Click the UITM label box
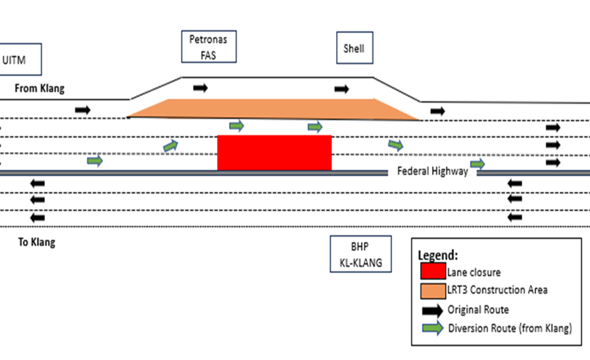[21, 60]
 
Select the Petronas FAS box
[208, 47]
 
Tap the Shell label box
[355, 47]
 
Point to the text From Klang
[40, 88]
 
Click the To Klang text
[36, 242]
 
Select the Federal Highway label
[433, 171]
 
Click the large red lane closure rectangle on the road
[274, 152]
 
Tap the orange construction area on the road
[273, 109]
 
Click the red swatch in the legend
[432, 272]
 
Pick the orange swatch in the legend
[432, 289]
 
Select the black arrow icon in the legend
[432, 309]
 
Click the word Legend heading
[438, 255]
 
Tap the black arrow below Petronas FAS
[200, 88]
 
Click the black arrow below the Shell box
[342, 89]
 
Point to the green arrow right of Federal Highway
[478, 164]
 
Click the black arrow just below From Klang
[82, 109]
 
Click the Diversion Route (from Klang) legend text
[510, 329]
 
